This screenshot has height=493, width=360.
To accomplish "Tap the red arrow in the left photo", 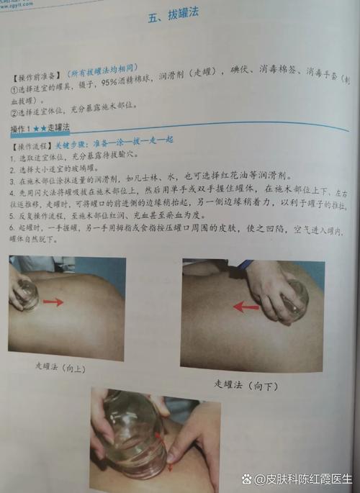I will click(53, 302).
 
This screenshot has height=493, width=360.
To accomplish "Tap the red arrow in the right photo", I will click(246, 307).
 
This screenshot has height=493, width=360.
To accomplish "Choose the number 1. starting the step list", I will click(14, 155).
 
